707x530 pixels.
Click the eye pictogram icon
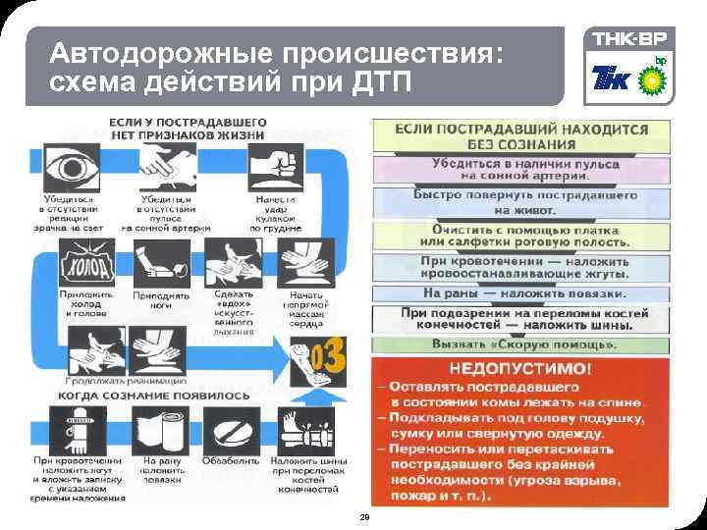71,167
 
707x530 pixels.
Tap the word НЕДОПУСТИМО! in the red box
519,370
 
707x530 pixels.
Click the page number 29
364,517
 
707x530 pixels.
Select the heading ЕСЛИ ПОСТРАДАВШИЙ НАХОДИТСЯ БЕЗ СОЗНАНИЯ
508,135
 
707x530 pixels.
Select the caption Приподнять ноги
162,298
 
